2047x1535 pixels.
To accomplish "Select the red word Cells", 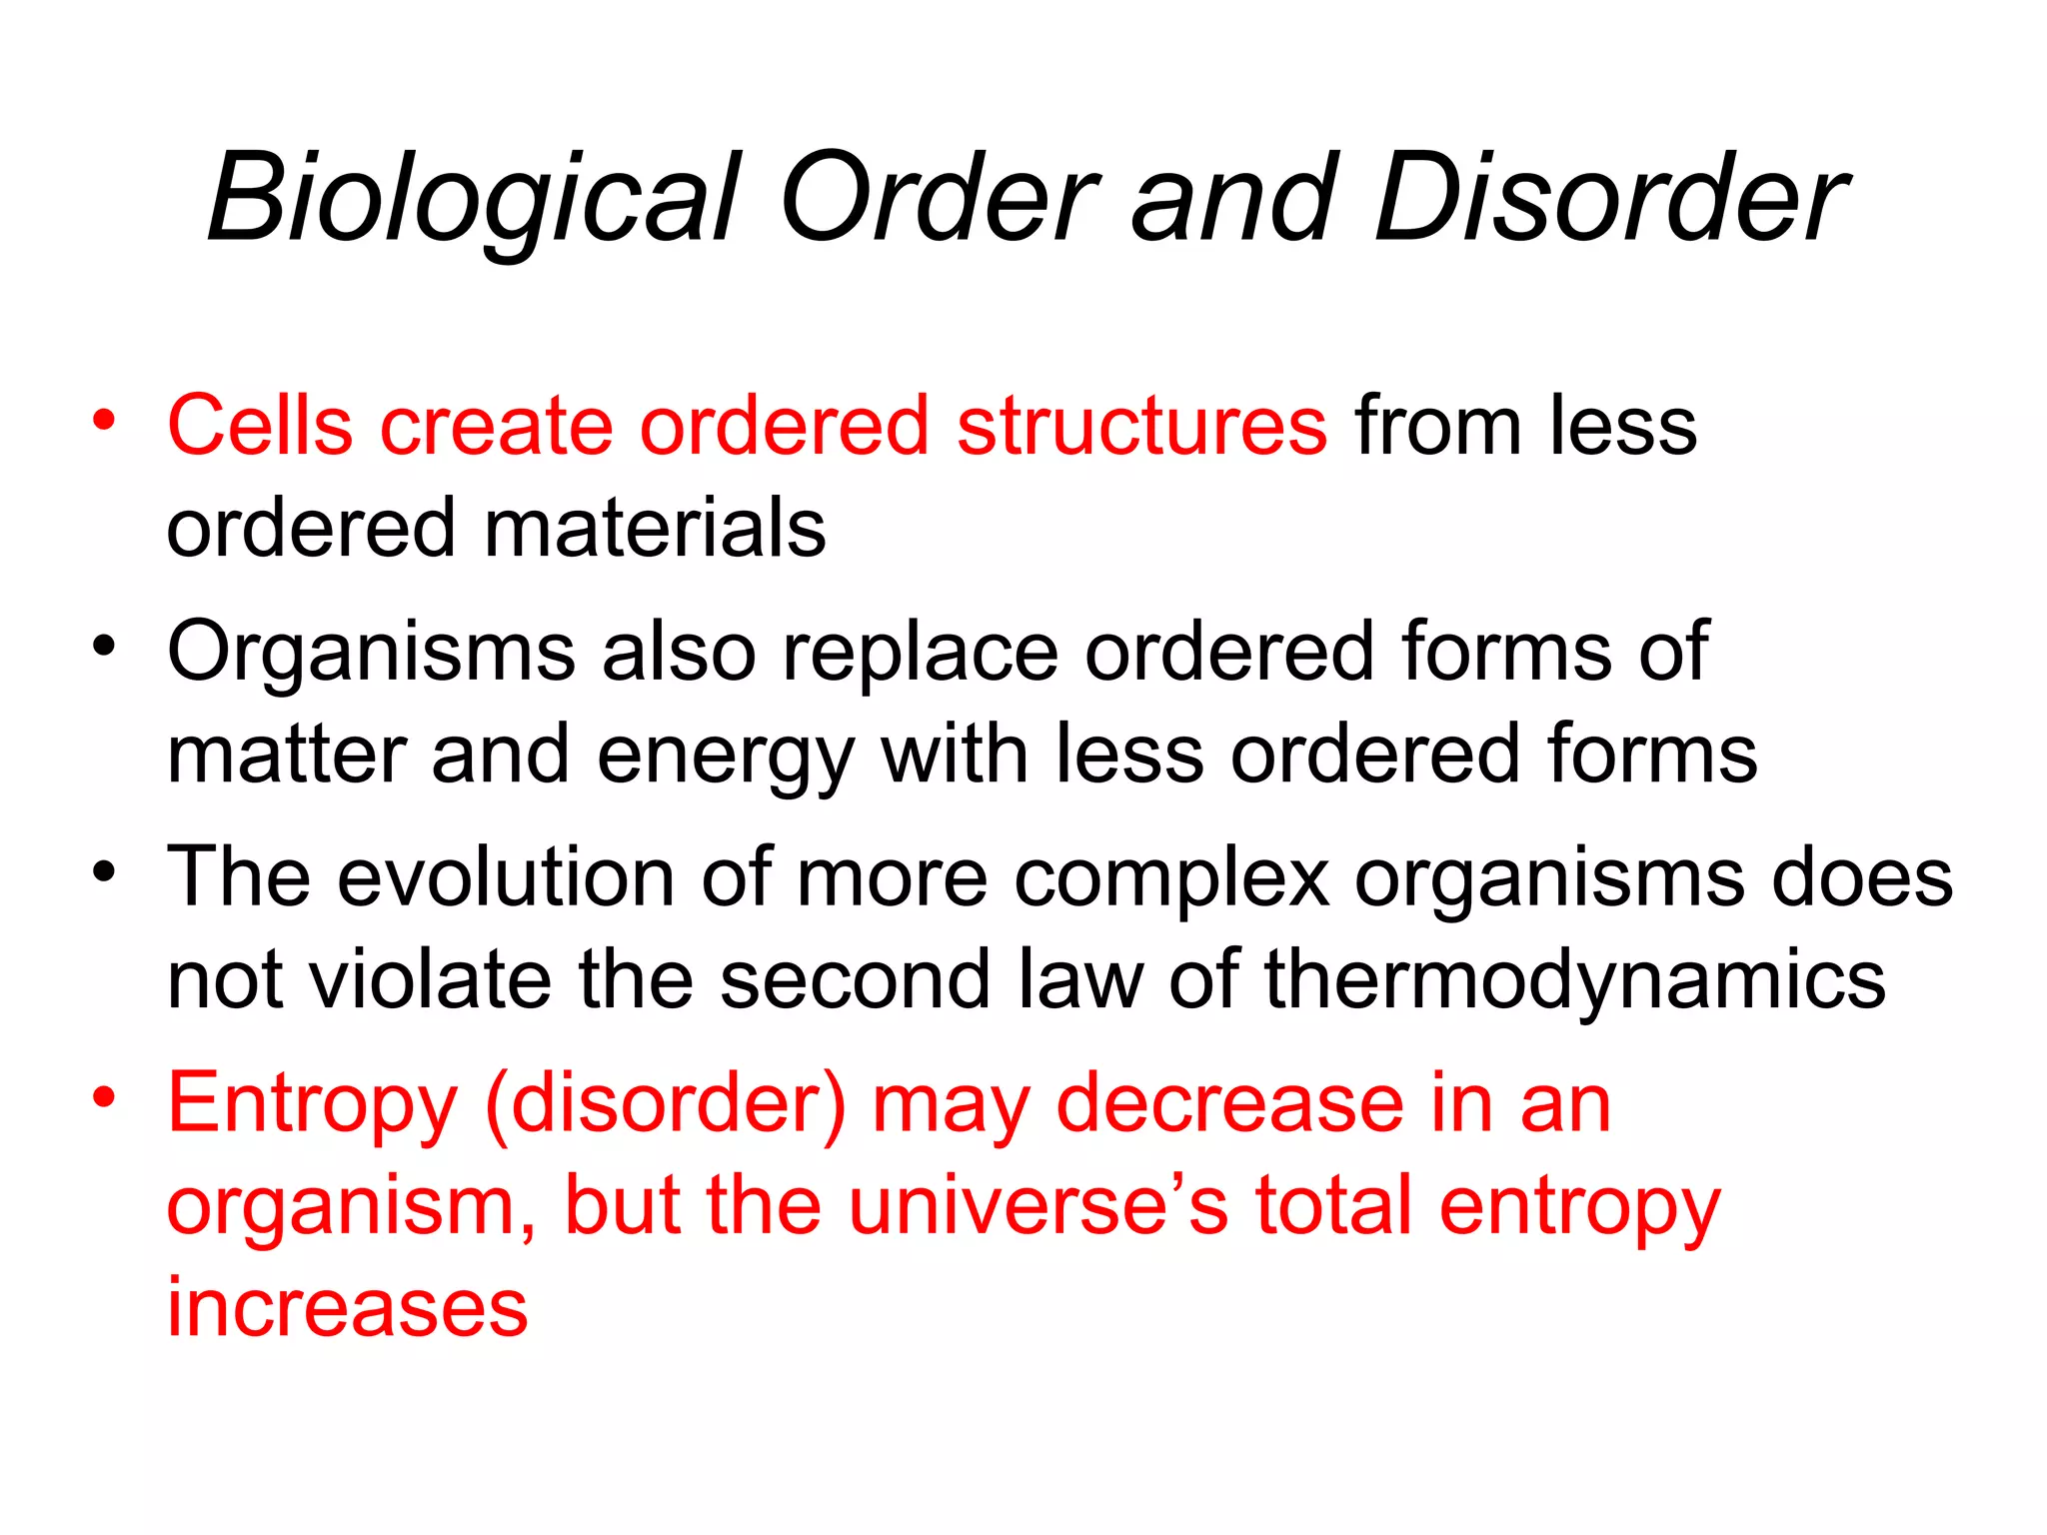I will [260, 426].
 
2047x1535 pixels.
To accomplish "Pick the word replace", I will [920, 652].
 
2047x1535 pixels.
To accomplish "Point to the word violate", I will [430, 979].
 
